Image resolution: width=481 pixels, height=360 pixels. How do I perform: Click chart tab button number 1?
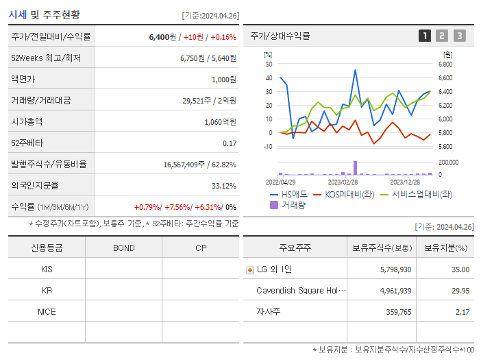pos(425,36)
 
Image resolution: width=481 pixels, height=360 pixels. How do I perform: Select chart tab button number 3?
pos(459,36)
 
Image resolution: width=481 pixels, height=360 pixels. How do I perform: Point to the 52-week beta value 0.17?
pos(230,143)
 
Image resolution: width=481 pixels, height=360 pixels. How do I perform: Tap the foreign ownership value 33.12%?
pos(224,186)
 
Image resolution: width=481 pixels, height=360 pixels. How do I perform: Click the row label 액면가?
pos(23,80)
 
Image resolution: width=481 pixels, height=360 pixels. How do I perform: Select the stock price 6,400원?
pos(164,37)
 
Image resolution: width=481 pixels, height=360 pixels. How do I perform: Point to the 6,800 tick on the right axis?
pos(445,64)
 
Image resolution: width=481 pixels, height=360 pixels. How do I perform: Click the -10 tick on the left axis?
pos(267,147)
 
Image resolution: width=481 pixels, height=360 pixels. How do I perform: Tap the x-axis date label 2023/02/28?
pos(343,182)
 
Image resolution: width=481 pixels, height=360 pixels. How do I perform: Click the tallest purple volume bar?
pos(355,168)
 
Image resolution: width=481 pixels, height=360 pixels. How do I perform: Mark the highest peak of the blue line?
pos(355,70)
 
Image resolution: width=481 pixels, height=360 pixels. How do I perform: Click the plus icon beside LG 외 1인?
pos(249,269)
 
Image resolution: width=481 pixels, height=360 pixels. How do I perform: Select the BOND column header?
pos(123,248)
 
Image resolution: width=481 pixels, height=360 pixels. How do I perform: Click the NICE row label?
pos(47,312)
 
